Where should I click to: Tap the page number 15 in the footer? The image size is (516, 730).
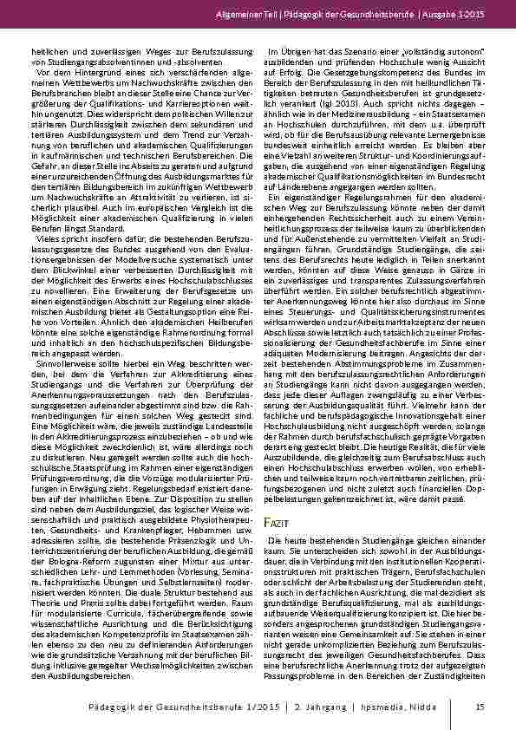pyautogui.click(x=480, y=707)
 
